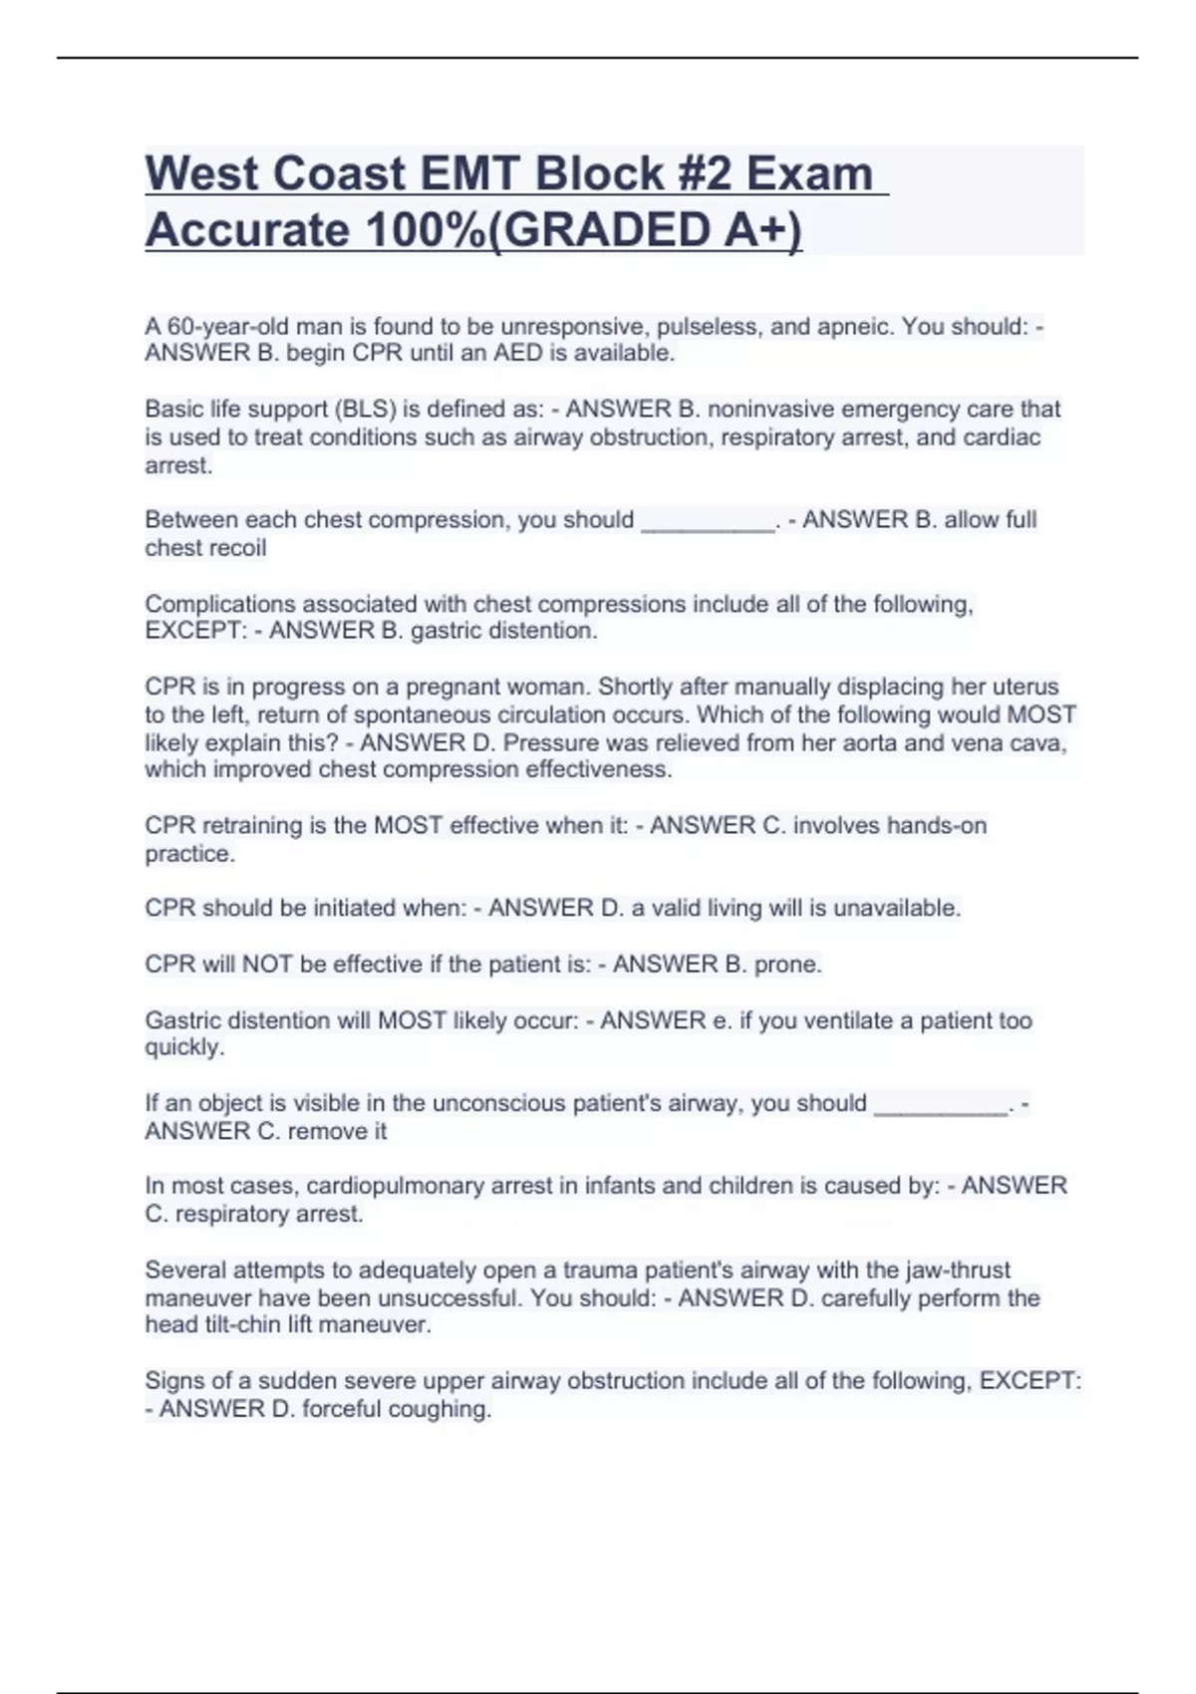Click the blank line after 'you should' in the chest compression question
click(708, 520)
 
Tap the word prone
click(787, 965)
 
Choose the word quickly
click(184, 1047)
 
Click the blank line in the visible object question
click(940, 1104)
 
